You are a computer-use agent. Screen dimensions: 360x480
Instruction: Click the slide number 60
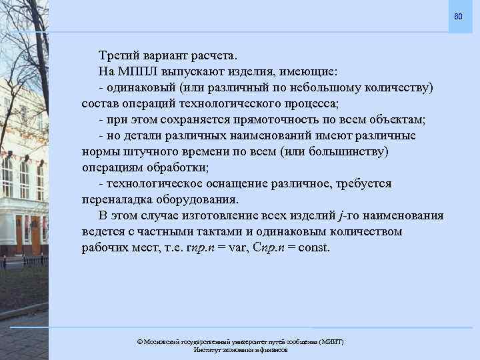tap(458, 15)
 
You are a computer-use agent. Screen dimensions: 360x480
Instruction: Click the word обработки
tap(181, 167)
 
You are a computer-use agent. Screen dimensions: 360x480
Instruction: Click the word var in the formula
tap(242, 248)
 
